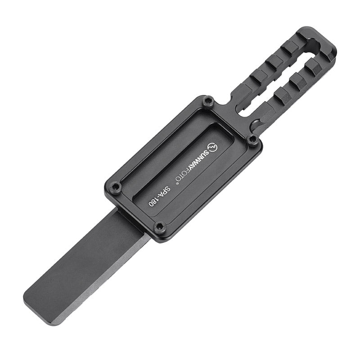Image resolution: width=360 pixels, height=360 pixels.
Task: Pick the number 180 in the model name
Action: click(x=154, y=200)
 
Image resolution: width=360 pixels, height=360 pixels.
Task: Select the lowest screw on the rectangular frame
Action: click(x=159, y=226)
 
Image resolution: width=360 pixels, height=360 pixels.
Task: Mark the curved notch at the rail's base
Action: click(x=255, y=122)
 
